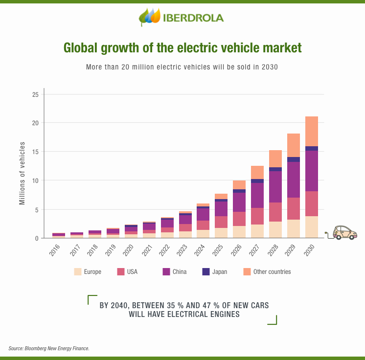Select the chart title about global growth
click(182, 48)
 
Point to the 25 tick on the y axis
click(35, 94)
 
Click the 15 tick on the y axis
click(35, 152)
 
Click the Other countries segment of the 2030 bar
click(312, 131)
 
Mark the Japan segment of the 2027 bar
click(257, 181)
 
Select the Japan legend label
click(220, 271)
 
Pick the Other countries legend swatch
click(246, 271)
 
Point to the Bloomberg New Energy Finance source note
click(49, 348)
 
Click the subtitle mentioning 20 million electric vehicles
click(182, 67)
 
